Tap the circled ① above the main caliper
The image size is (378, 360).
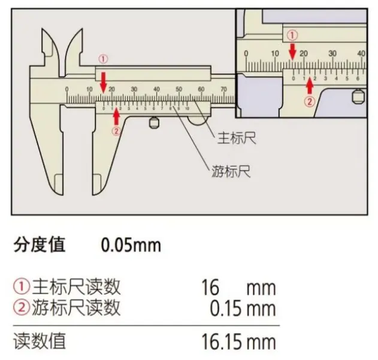tap(103, 59)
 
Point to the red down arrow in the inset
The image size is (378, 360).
tap(292, 52)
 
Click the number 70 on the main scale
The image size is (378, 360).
tap(223, 90)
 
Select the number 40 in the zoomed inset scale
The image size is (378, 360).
tap(361, 53)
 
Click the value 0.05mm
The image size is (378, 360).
tap(130, 246)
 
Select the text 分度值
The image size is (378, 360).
tap(39, 245)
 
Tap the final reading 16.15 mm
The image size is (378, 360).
tap(238, 342)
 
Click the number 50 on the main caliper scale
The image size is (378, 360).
tap(179, 90)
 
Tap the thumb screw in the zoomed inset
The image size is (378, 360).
tap(359, 95)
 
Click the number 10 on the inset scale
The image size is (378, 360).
tap(274, 53)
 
